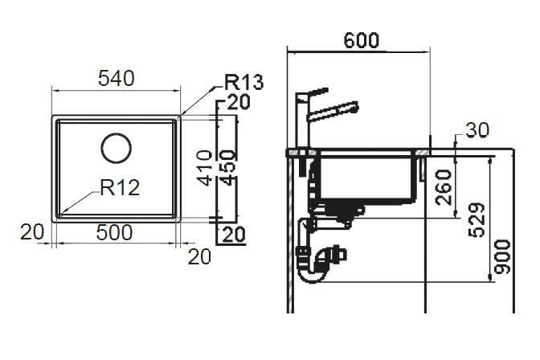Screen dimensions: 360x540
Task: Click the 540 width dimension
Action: pyautogui.click(x=116, y=78)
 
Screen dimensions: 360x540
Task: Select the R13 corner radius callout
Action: pyautogui.click(x=243, y=82)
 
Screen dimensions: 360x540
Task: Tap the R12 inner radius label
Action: pyautogui.click(x=120, y=188)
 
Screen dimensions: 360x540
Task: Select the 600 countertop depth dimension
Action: pyautogui.click(x=362, y=39)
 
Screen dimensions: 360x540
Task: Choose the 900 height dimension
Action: pyautogui.click(x=502, y=256)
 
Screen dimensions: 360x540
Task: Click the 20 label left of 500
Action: pyautogui.click(x=31, y=232)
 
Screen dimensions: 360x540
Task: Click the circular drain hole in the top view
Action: pyautogui.click(x=116, y=148)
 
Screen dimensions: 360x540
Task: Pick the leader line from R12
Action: pyautogui.click(x=80, y=201)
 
